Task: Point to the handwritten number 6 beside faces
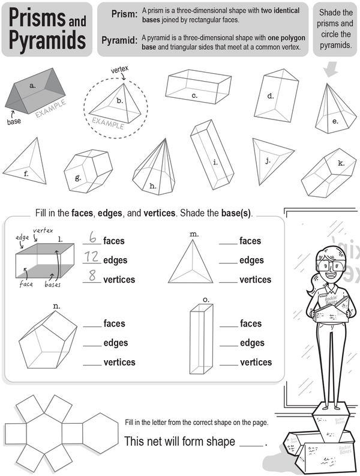(x=92, y=239)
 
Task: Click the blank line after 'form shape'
(x=250, y=445)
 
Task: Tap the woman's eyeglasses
(x=323, y=265)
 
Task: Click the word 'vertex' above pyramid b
(x=120, y=70)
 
